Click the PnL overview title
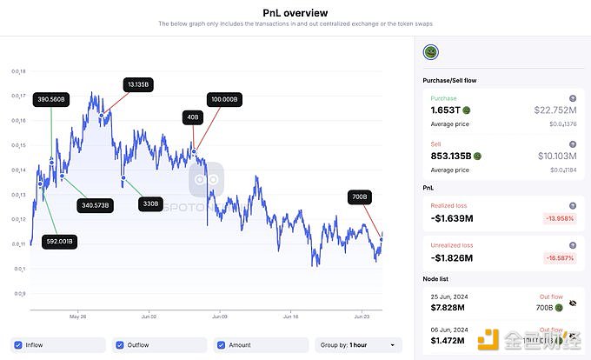click(x=295, y=12)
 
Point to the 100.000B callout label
click(x=223, y=99)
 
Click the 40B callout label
click(x=191, y=117)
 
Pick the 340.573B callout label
click(x=95, y=205)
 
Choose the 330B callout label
click(x=151, y=203)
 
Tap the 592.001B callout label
click(x=60, y=241)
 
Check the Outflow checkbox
click(x=120, y=345)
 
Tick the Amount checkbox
click(x=221, y=345)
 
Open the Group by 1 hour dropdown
click(x=358, y=345)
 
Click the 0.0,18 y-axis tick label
click(x=18, y=71)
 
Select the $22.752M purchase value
click(x=554, y=110)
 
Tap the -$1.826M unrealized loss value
click(x=453, y=257)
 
